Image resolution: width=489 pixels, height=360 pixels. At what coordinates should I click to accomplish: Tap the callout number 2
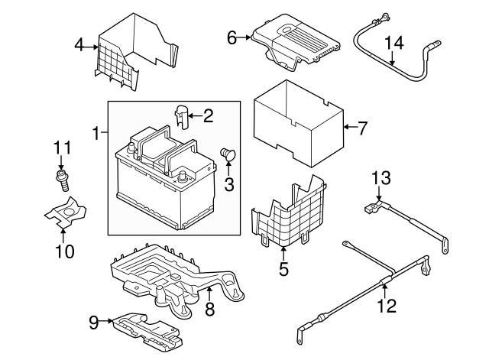[207, 116]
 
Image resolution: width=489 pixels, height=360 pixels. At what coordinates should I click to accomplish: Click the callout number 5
[283, 268]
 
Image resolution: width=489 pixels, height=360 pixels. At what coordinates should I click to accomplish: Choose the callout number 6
[232, 36]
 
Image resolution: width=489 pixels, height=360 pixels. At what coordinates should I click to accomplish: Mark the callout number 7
[362, 128]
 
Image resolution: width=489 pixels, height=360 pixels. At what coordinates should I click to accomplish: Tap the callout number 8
[209, 309]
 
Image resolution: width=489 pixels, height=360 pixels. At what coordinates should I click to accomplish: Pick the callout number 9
[94, 323]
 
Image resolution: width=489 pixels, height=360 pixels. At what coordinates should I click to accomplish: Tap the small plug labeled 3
[227, 155]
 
